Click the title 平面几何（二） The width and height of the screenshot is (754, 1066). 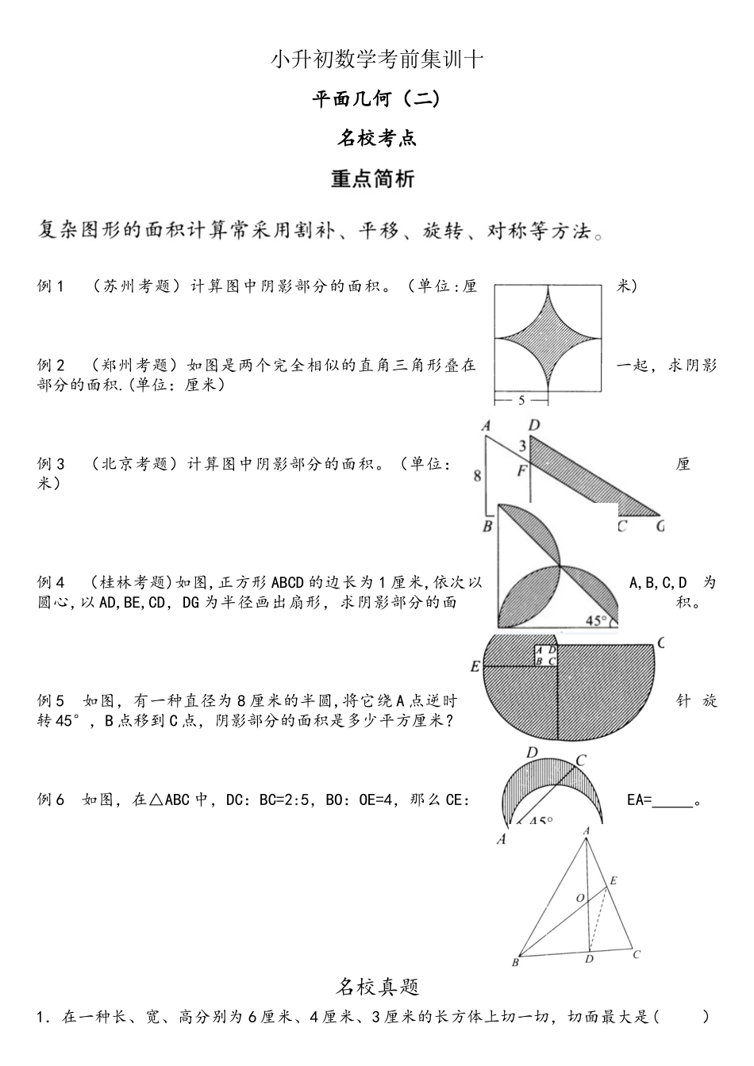pyautogui.click(x=376, y=99)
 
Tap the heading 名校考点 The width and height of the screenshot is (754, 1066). pyautogui.click(x=376, y=139)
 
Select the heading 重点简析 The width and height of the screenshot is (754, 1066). pyautogui.click(x=372, y=179)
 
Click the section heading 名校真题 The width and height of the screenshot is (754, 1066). pyautogui.click(x=377, y=987)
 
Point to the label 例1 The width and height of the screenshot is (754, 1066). pyautogui.click(x=51, y=286)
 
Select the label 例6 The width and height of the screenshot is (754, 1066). pyautogui.click(x=51, y=800)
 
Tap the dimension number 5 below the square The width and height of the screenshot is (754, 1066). pyautogui.click(x=521, y=401)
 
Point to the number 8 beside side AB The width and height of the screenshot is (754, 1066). pyautogui.click(x=477, y=476)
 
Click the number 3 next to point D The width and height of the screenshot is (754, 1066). pyautogui.click(x=522, y=446)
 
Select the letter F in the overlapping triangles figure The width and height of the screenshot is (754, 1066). pyautogui.click(x=521, y=471)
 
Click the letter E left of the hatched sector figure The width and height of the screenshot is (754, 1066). pyautogui.click(x=475, y=666)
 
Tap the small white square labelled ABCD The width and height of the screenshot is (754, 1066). pyautogui.click(x=545, y=656)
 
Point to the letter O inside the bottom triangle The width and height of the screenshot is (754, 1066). pyautogui.click(x=580, y=897)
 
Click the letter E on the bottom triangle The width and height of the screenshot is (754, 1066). pyautogui.click(x=614, y=880)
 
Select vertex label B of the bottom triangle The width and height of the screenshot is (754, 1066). pyautogui.click(x=515, y=963)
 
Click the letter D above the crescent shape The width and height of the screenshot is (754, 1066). pyautogui.click(x=533, y=753)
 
